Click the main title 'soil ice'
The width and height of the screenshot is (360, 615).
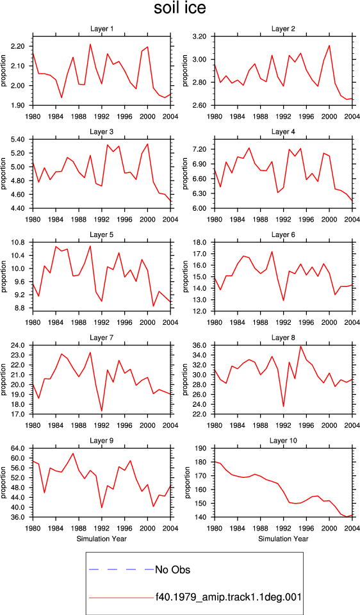(180, 8)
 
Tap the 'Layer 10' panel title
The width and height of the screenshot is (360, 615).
(284, 441)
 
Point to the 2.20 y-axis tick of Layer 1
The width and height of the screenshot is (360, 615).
(18, 46)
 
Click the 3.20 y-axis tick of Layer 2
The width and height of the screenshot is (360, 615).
(200, 37)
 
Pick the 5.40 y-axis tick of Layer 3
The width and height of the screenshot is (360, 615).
(18, 139)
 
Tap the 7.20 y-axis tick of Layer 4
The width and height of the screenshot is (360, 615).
(200, 149)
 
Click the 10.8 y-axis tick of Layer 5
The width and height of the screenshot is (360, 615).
(18, 242)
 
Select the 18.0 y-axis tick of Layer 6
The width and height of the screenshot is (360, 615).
(200, 242)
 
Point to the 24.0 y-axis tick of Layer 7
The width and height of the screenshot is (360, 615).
(18, 345)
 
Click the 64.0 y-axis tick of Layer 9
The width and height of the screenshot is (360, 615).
(18, 448)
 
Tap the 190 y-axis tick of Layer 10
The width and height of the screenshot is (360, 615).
(202, 448)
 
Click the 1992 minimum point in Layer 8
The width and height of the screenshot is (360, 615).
(284, 406)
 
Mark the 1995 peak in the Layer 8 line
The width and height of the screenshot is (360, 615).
(301, 346)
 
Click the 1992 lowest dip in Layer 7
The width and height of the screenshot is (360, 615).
(102, 411)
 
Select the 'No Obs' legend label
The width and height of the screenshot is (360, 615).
(172, 570)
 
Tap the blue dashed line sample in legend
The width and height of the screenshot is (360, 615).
(121, 570)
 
